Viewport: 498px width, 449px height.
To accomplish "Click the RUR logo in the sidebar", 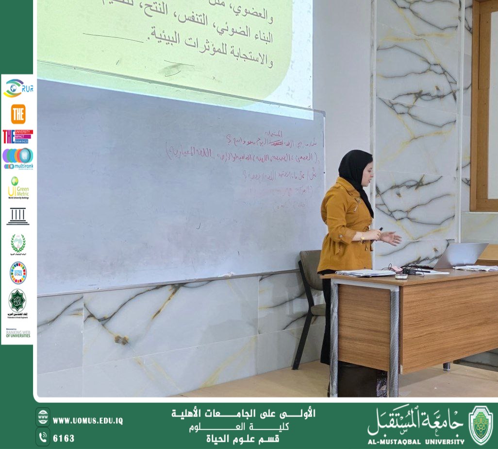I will [x=18, y=88].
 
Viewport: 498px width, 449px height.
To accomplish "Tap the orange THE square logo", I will [x=18, y=114].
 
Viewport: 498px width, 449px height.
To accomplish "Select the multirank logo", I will [x=18, y=158].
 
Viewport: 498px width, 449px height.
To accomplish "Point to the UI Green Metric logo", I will [x=18, y=188].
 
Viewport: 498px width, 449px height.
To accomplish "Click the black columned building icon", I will [x=18, y=216].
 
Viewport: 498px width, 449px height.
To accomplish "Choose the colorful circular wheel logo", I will [x=18, y=272].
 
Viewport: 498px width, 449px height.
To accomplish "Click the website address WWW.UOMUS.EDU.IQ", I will [x=87, y=421].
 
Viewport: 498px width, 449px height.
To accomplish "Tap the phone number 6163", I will [x=64, y=438].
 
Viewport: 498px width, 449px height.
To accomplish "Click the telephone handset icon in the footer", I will [x=43, y=436].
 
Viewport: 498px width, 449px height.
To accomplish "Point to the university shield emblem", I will [x=480, y=426].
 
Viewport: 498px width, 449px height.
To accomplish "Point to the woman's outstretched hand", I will [x=391, y=238].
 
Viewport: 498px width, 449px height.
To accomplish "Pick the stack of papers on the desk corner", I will [x=365, y=273].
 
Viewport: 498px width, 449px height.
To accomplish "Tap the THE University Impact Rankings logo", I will [x=18, y=137].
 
